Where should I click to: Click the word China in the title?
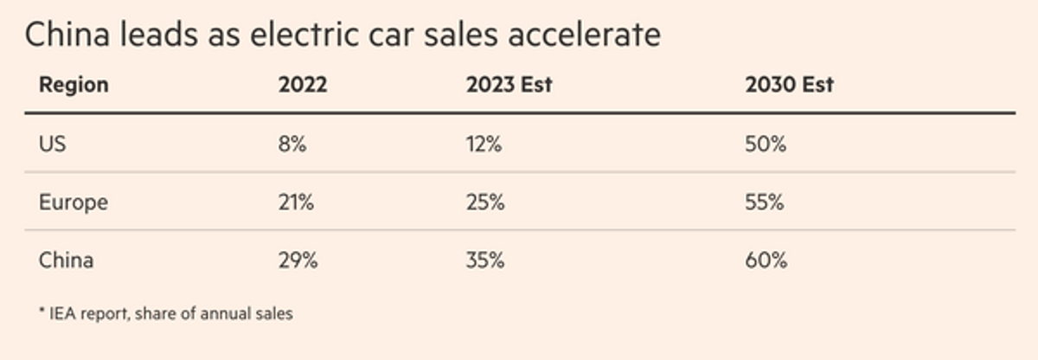[x=67, y=35]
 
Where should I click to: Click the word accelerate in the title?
[x=585, y=35]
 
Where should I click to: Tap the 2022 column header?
[x=303, y=85]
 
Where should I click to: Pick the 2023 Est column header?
[x=509, y=85]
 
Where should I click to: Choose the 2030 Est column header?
[x=789, y=85]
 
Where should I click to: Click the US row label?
[x=53, y=145]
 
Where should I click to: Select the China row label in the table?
[x=67, y=260]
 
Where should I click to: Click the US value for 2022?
[x=292, y=145]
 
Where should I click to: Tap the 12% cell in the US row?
[x=484, y=145]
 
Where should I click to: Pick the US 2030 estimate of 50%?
[x=766, y=145]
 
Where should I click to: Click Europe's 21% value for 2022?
[x=296, y=202]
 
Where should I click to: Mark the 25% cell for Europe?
[x=485, y=202]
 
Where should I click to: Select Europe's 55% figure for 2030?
[x=765, y=202]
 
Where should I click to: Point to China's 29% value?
[x=298, y=260]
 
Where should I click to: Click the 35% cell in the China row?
[x=485, y=260]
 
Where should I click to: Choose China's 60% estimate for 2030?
[x=766, y=260]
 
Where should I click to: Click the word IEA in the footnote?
[x=62, y=313]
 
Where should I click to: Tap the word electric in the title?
[x=304, y=35]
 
